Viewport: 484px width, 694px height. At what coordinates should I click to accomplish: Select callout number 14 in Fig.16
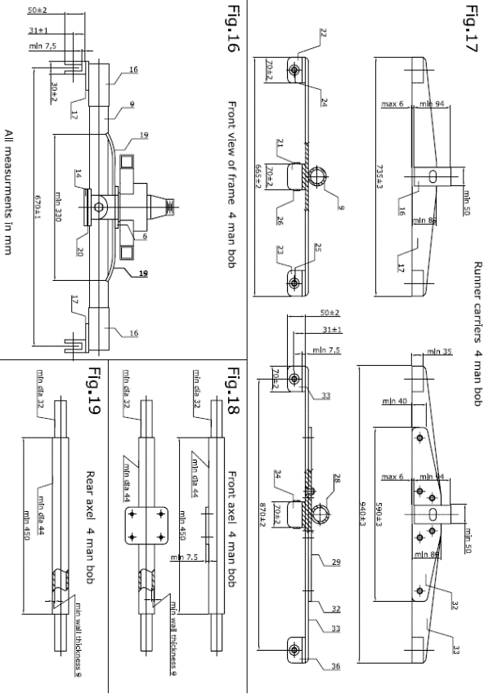click(79, 175)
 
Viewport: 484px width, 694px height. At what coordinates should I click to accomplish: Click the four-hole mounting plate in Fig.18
click(146, 525)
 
